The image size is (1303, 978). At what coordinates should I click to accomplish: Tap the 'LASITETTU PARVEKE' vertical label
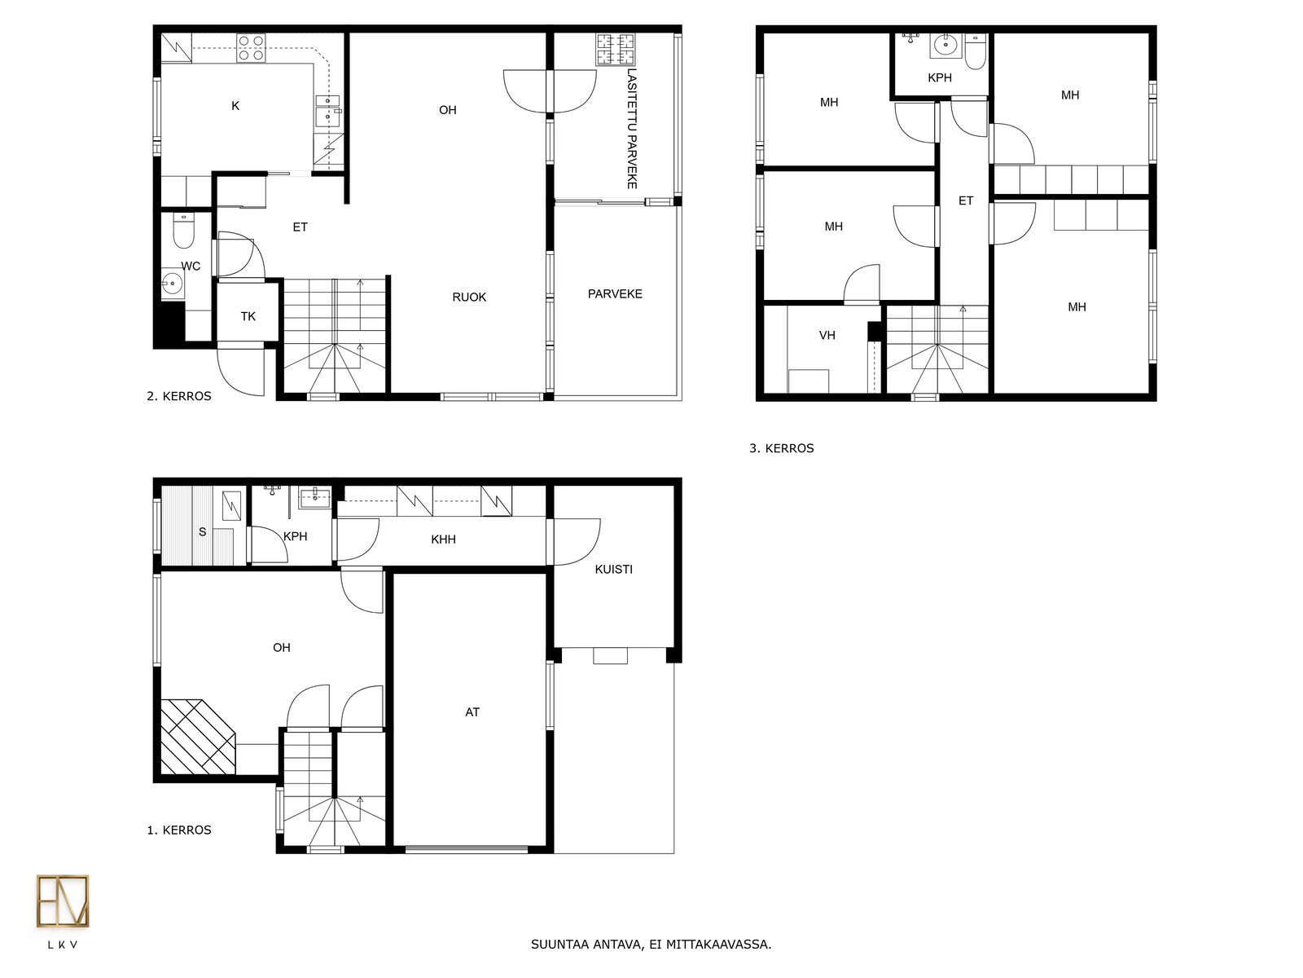click(x=632, y=129)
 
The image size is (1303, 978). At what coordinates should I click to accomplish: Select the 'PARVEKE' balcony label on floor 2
click(x=615, y=294)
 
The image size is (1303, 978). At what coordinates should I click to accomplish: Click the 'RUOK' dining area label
click(x=469, y=297)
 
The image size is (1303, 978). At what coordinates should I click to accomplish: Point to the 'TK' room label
click(x=248, y=316)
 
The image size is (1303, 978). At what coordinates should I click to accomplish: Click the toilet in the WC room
click(x=183, y=231)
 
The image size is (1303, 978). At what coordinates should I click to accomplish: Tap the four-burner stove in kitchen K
click(x=251, y=48)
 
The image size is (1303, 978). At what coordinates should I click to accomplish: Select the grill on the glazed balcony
click(x=616, y=49)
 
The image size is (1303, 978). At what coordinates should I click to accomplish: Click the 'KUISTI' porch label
click(x=614, y=570)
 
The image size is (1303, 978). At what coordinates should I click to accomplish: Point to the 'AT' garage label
click(x=472, y=712)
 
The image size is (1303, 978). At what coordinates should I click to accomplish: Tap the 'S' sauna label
click(x=203, y=532)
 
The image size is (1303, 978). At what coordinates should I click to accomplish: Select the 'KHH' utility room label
click(x=444, y=540)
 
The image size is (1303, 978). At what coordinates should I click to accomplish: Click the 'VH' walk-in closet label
click(x=827, y=336)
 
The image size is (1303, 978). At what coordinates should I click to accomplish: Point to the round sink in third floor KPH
click(x=945, y=45)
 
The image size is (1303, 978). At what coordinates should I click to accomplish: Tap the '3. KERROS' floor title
click(x=781, y=448)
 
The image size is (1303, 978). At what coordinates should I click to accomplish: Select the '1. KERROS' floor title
click(x=179, y=830)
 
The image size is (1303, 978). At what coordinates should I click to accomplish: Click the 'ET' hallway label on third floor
click(x=966, y=200)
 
